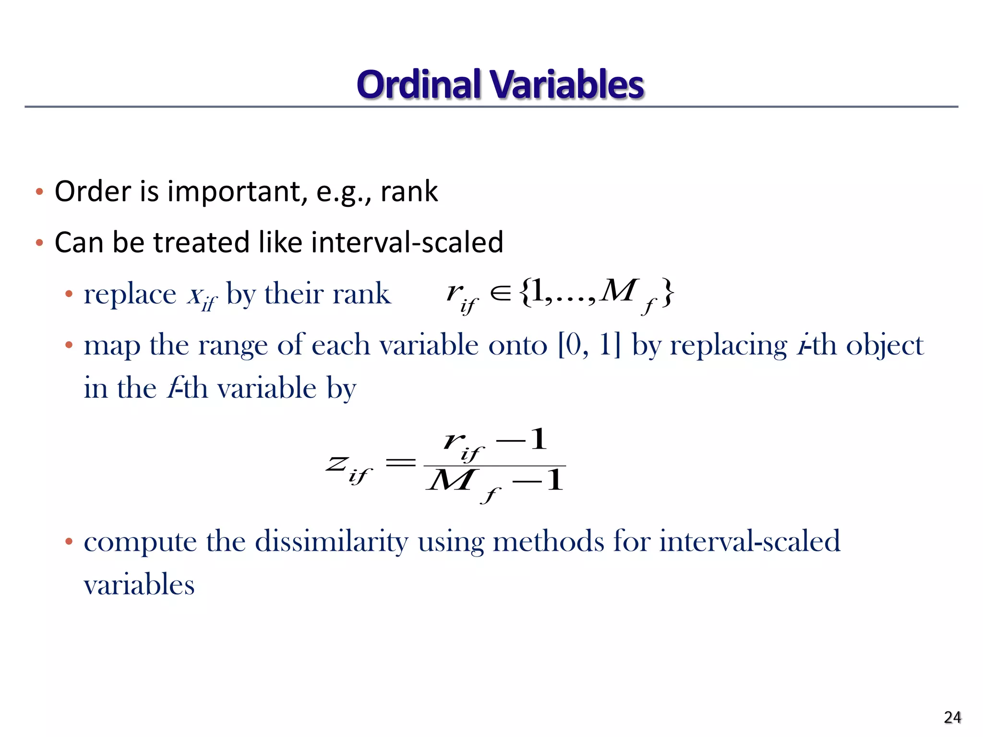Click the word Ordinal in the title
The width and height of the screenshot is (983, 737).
(419, 85)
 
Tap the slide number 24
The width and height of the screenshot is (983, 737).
(952, 717)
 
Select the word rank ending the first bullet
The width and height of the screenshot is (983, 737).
(409, 191)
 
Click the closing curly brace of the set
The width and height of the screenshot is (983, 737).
(668, 293)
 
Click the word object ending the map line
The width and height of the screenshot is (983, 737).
(884, 345)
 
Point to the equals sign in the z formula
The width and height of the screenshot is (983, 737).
(400, 463)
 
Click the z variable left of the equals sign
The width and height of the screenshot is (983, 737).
(337, 464)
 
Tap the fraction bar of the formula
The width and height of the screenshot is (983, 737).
(495, 466)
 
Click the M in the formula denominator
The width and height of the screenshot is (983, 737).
(451, 480)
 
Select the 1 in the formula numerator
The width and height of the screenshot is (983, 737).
(539, 439)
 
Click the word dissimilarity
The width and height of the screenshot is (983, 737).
(331, 541)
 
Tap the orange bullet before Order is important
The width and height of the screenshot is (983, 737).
(40, 192)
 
